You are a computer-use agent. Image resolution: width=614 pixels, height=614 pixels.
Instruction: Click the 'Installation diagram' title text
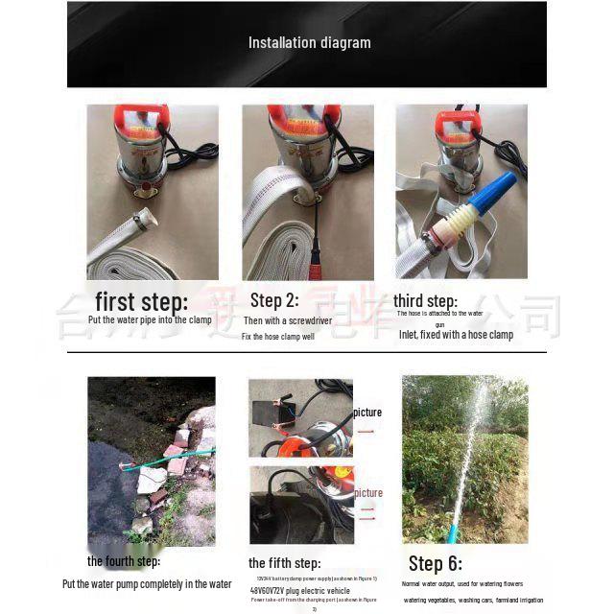click(309, 42)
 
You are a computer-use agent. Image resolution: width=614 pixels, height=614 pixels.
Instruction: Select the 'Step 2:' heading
click(274, 300)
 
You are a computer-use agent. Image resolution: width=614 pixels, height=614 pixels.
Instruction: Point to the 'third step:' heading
click(425, 300)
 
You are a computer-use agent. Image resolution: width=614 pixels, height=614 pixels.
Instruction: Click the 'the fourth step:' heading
click(124, 561)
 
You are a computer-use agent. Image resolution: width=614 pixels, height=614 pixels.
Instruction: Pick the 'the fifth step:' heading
click(284, 563)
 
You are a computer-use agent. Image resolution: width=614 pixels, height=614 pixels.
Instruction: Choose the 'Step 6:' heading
click(435, 563)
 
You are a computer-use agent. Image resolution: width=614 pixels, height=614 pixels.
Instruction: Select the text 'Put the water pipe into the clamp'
click(150, 319)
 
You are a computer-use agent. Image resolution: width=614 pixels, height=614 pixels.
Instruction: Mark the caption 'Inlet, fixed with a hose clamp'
click(456, 335)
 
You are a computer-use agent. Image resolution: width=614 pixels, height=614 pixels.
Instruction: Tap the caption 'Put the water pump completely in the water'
click(147, 583)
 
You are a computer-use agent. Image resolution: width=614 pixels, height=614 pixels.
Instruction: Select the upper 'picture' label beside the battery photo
click(367, 413)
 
